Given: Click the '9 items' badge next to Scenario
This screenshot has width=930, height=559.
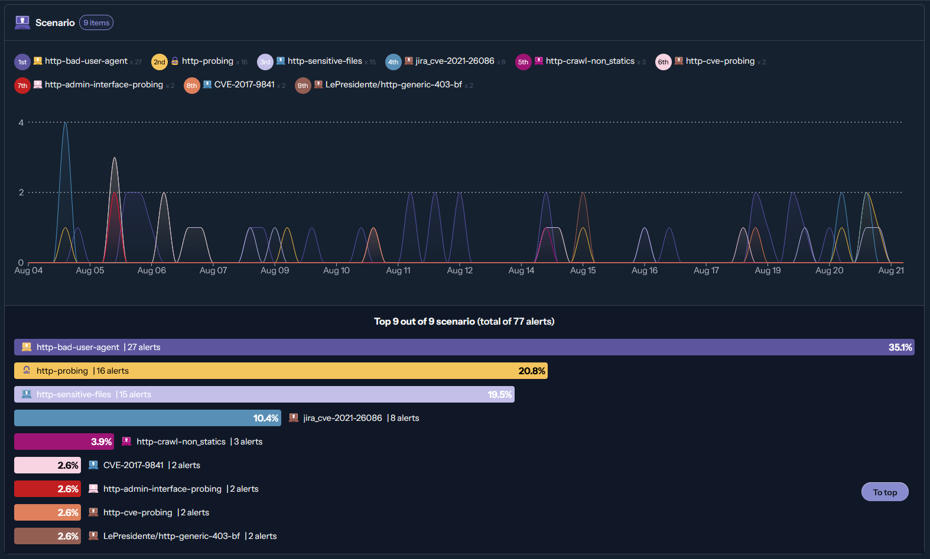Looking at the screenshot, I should coord(96,23).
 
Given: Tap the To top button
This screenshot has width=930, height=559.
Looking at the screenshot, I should coord(885,492).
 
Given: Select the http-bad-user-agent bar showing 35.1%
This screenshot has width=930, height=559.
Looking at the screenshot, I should coord(464,347).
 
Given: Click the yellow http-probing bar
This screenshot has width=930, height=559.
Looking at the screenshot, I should coord(281,371).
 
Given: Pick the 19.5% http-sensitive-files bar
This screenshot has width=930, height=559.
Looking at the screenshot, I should coord(264,394).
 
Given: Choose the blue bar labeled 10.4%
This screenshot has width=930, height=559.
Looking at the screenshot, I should coord(147,418).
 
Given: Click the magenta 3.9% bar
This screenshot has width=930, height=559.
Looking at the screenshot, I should coord(64,442).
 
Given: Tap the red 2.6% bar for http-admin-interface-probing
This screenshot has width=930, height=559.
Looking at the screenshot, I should coord(47,489).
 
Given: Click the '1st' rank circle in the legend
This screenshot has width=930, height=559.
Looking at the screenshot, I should coord(22,62).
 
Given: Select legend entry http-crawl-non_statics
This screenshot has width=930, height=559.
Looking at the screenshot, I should coord(590,61).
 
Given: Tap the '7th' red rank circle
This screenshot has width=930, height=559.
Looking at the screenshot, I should coord(22,86).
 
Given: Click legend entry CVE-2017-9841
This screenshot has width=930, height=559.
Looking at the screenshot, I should coord(244,84).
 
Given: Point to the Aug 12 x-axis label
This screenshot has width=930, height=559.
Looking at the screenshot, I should coord(460,270).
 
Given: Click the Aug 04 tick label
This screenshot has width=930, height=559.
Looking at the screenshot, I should coord(28,270).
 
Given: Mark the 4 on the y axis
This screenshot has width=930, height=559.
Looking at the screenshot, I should coord(21,123).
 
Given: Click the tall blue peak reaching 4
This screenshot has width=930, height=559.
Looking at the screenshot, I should coord(65,125).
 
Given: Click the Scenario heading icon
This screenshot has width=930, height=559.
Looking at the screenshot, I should coord(22,22).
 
